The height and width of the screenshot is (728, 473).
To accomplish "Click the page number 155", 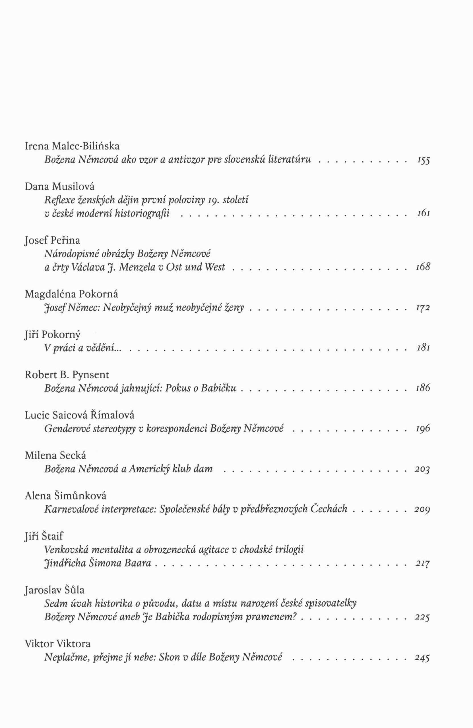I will pos(423,160).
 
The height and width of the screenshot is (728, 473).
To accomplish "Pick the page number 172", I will pos(423,308).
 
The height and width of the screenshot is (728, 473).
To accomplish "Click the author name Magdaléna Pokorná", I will pos(71,294).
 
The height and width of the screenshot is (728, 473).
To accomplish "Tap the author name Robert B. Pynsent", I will pos(67,375).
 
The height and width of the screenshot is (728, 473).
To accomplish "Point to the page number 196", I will pos(423,429).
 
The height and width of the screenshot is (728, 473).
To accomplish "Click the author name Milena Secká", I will pos(55,456).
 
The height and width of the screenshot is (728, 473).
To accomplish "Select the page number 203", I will pos(422,469).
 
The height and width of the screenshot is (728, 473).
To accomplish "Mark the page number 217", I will pos(422,563).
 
